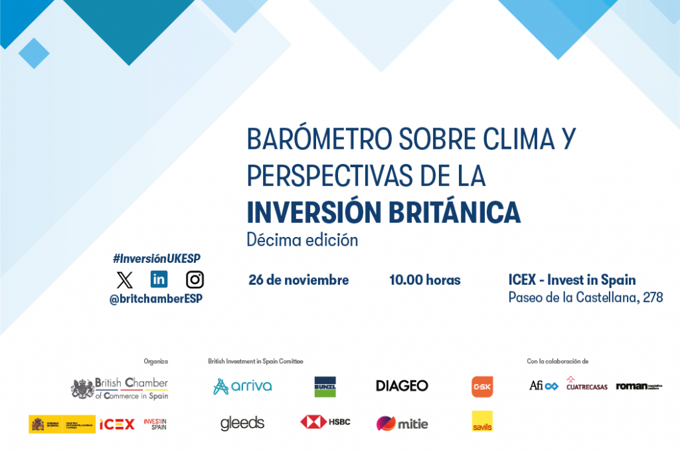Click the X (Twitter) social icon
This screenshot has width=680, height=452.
click(x=124, y=280)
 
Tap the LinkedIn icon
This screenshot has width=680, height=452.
click(x=159, y=279)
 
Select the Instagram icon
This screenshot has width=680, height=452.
click(x=195, y=279)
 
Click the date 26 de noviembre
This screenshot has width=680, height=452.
click(x=298, y=280)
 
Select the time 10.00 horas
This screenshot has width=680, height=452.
click(x=424, y=280)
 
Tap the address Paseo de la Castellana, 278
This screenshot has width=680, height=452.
click(x=585, y=297)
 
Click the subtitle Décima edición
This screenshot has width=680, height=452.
click(x=302, y=240)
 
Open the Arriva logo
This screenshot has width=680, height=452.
click(x=242, y=386)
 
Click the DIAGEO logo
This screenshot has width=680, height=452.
click(x=402, y=386)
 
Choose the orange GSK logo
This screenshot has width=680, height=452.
click(x=482, y=386)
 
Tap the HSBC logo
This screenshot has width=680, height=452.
click(x=325, y=421)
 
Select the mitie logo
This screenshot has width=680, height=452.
click(x=402, y=423)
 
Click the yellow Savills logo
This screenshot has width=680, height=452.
click(x=482, y=421)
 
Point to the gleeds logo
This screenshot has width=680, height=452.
click(x=242, y=423)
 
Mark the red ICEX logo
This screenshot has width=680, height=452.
click(x=117, y=424)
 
